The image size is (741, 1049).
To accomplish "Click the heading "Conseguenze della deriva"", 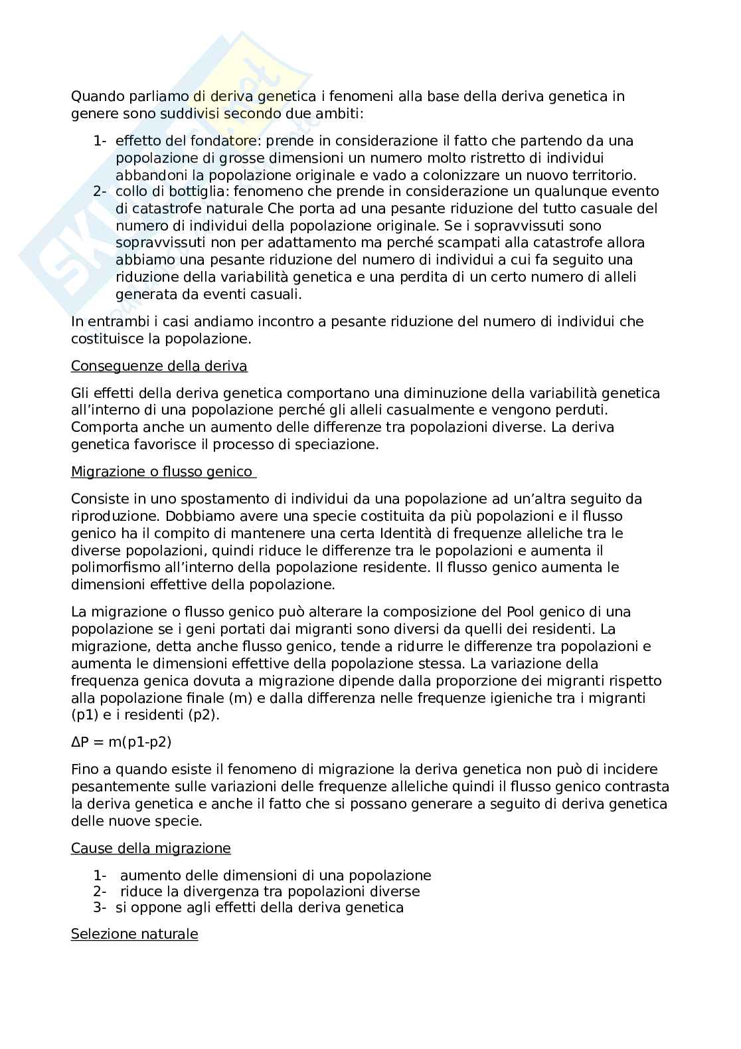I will tap(159, 366).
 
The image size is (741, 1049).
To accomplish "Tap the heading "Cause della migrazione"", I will tap(151, 848).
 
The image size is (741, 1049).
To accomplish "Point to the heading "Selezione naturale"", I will tap(134, 934).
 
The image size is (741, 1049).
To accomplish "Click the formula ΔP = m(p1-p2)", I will tap(121, 742).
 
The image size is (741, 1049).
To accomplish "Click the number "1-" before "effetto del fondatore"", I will tap(100, 141).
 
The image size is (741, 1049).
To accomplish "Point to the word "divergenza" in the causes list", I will tap(206, 892).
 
